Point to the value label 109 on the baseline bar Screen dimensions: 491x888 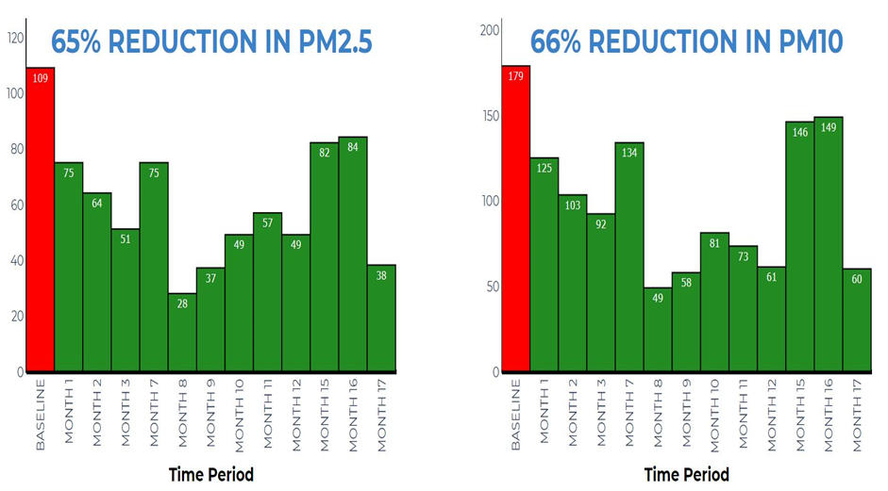41,78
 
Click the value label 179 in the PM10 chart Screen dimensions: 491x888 515,76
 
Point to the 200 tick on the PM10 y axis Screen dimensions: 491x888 488,30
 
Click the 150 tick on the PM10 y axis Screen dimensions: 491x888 488,116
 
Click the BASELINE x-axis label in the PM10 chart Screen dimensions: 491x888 515,415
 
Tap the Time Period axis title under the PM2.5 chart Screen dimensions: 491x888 210,474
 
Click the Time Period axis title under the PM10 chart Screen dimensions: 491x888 685,474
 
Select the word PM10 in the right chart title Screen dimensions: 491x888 801,41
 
